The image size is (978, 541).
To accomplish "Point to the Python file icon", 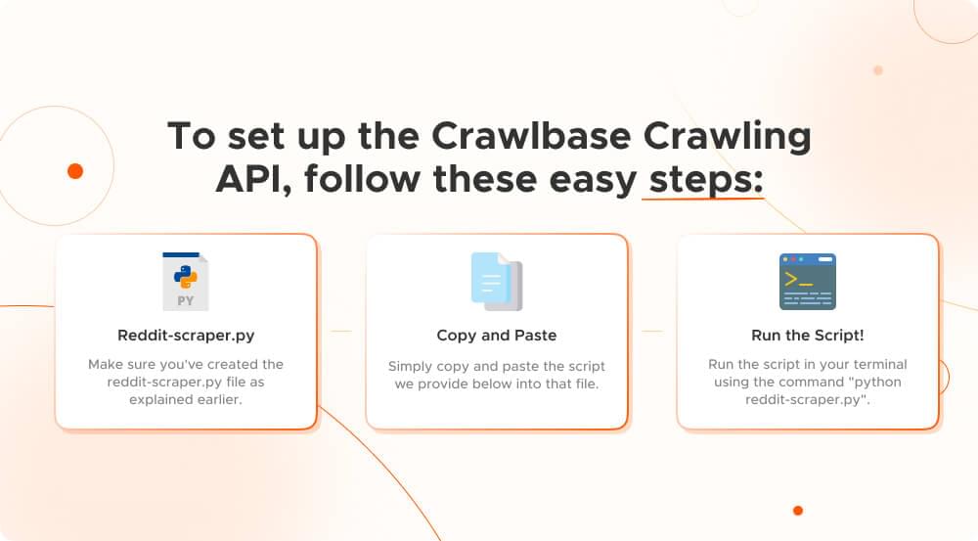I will click(x=186, y=282).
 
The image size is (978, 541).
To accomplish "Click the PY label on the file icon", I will click(x=186, y=301).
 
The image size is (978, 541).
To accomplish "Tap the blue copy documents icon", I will click(x=496, y=282).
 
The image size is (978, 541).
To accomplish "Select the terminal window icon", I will click(x=807, y=282).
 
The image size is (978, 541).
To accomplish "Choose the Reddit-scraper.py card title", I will click(x=186, y=336).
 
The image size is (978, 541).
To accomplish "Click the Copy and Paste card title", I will click(x=496, y=336).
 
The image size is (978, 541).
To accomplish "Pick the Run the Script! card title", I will click(x=807, y=336).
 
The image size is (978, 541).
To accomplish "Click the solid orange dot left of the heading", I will click(x=75, y=171).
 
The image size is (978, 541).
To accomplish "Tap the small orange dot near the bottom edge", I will click(x=798, y=511).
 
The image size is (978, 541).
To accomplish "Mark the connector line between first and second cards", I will click(x=341, y=332).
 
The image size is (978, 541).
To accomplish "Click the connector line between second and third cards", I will click(x=651, y=332).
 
